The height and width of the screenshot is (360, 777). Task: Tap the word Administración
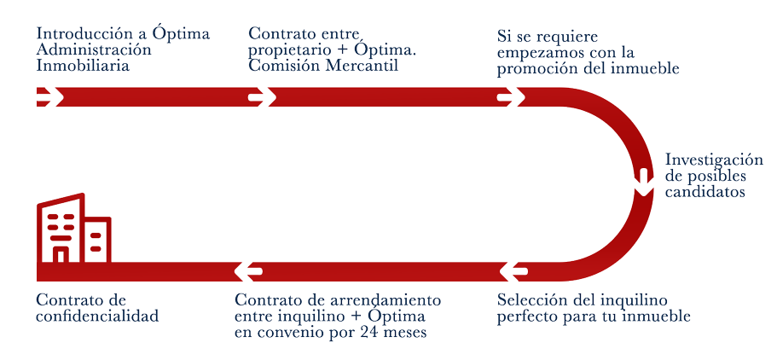pyautogui.click(x=95, y=51)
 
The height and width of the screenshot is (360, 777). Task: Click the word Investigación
pyautogui.click(x=712, y=160)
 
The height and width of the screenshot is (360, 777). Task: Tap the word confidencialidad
pyautogui.click(x=97, y=316)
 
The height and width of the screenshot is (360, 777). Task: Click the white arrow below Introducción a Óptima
pyautogui.click(x=49, y=96)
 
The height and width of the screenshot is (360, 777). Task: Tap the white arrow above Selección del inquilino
pyautogui.click(x=510, y=271)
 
